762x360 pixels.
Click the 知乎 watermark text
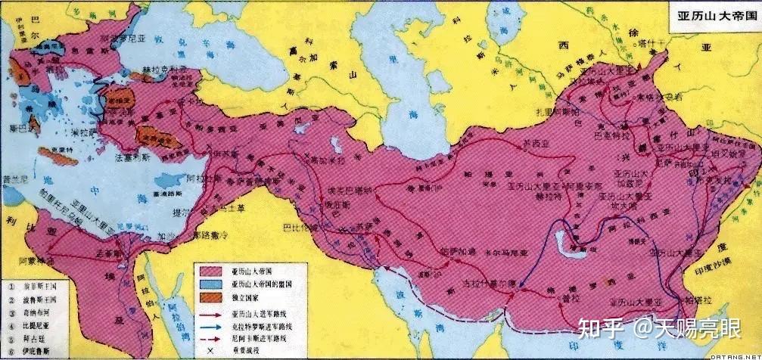coord(597,327)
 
